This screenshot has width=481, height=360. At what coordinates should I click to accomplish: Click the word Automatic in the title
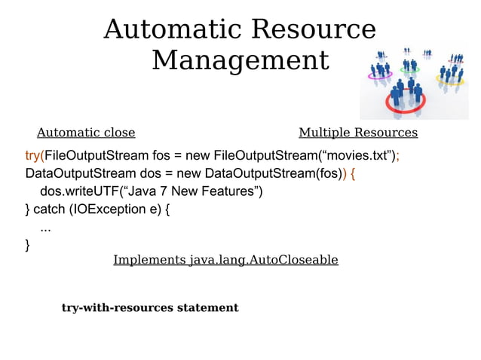(172, 29)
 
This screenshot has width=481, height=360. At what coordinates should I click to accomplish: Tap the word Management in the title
(240, 60)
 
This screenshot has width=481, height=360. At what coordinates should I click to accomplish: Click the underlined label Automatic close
(86, 133)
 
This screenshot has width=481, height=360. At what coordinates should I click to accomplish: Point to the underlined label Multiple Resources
(358, 133)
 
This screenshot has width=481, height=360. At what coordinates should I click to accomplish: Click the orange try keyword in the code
(32, 157)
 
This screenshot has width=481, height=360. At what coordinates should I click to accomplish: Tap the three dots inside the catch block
(45, 227)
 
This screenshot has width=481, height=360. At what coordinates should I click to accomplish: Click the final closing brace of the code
(28, 244)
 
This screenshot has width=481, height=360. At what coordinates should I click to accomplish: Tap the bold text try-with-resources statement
(150, 308)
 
